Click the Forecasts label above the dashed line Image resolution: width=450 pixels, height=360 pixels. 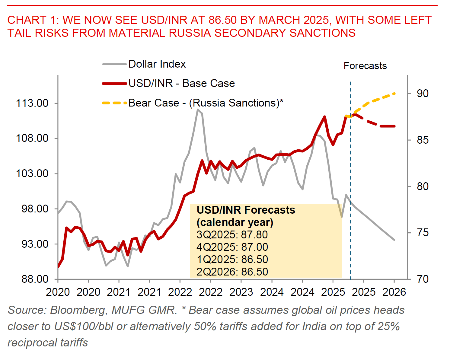pyautogui.click(x=365, y=66)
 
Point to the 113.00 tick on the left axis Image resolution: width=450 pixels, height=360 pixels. pyautogui.click(x=32, y=103)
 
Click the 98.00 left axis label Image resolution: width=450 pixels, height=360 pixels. pyautogui.click(x=32, y=209)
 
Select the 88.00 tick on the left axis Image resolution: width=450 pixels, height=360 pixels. pyautogui.click(x=32, y=279)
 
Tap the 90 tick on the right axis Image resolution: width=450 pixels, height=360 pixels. pyautogui.click(x=423, y=94)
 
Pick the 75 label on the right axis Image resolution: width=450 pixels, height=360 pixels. pyautogui.click(x=423, y=233)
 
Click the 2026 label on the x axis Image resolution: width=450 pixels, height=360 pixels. pyautogui.click(x=394, y=292)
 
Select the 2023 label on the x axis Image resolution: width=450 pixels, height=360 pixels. pyautogui.click(x=241, y=292)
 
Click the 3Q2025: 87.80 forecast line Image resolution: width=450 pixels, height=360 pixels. pyautogui.click(x=232, y=235)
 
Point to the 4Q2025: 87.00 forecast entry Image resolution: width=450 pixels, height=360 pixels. pyautogui.click(x=232, y=247)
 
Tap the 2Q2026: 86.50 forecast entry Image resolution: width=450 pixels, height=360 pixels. pyautogui.click(x=232, y=272)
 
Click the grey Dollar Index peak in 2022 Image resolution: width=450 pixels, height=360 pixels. pyautogui.click(x=198, y=109)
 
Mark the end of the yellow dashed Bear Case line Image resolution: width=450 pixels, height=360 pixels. pyautogui.click(x=394, y=94)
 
